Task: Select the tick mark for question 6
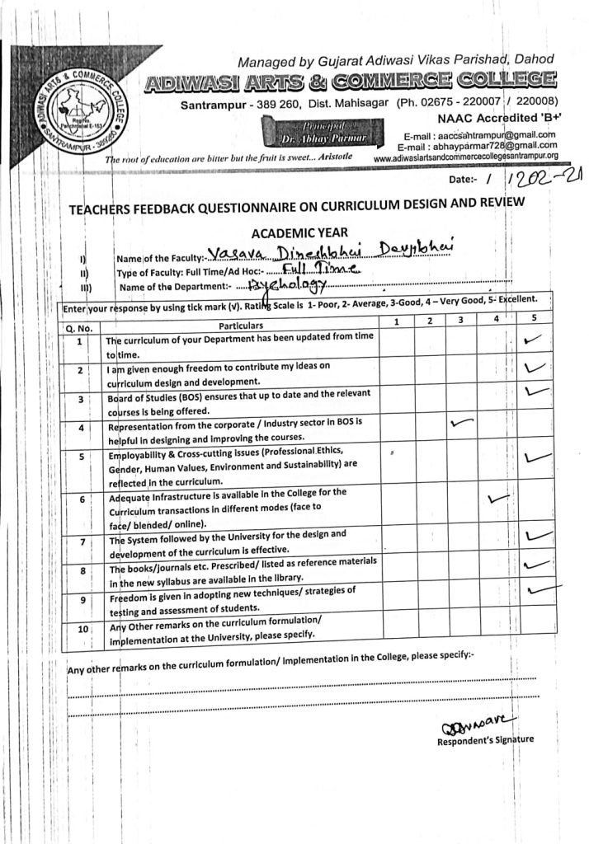(x=500, y=498)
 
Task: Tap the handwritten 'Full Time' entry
(x=319, y=268)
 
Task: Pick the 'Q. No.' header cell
(x=81, y=328)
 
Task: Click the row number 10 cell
(x=82, y=629)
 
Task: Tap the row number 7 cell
(x=82, y=542)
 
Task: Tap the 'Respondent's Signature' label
(x=485, y=740)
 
